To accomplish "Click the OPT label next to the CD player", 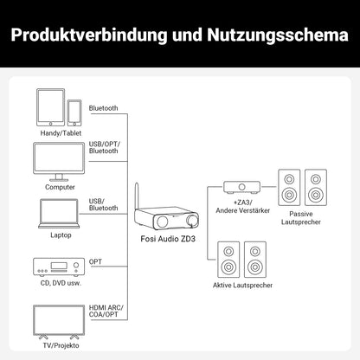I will pyautogui.click(x=95, y=260).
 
